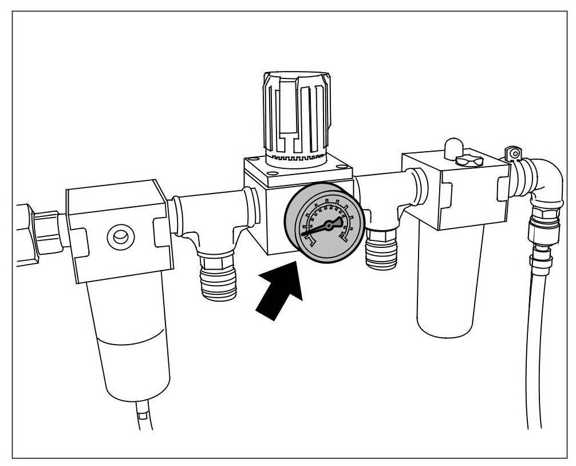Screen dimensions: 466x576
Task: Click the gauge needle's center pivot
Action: [329, 227]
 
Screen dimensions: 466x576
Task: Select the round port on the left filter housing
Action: [120, 237]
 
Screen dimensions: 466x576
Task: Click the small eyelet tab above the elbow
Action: [514, 153]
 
